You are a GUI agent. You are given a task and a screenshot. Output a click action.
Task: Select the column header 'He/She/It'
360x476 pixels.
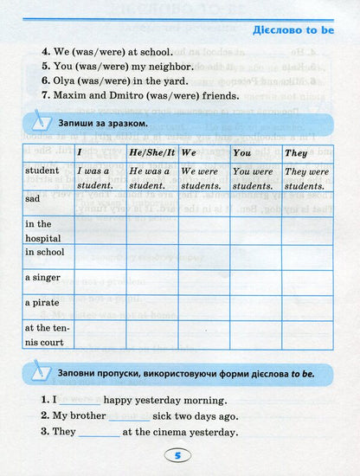[x=151, y=152]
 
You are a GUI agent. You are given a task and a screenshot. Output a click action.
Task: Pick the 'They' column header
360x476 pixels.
[x=297, y=152]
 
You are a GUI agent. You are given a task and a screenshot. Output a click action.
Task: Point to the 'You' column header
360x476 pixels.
[x=242, y=152]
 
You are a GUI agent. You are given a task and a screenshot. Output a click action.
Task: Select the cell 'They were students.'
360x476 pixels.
[x=306, y=178]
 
